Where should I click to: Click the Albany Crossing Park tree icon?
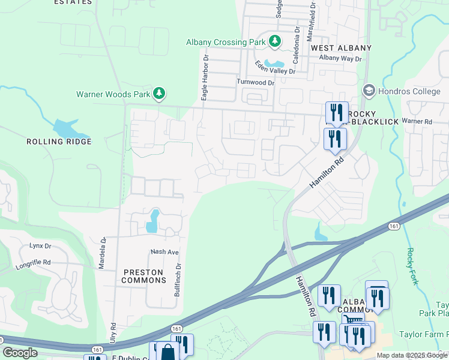point(275,41)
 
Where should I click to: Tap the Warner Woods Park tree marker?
point(159,94)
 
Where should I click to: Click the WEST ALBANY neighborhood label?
point(341,47)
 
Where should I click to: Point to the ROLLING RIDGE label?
point(59,142)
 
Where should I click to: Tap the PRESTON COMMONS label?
point(143,276)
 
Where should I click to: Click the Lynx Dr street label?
point(40,247)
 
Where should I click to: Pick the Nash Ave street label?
point(165,252)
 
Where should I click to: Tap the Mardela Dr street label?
point(103,252)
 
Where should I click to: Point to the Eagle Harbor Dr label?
point(204,77)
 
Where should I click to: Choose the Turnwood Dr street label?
point(255,82)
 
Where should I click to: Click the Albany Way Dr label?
point(340,58)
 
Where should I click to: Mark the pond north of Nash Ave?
point(154,221)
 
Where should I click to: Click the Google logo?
point(20,353)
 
